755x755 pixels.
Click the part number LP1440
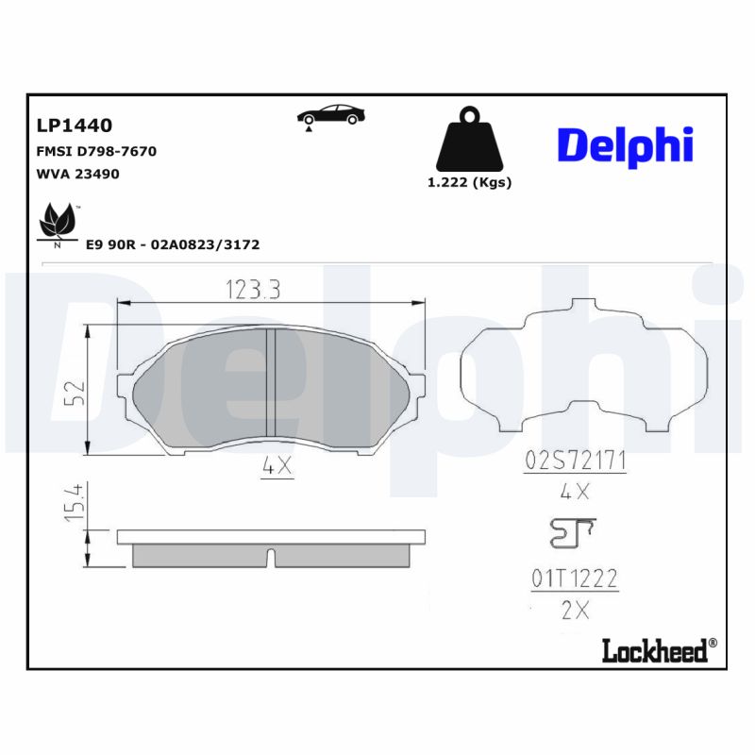click(x=75, y=125)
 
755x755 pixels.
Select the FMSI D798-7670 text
click(x=96, y=151)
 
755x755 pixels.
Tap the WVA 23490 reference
click(x=77, y=174)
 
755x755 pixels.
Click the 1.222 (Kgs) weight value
click(x=469, y=182)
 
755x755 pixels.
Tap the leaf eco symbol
click(x=58, y=224)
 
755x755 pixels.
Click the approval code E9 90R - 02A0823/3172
click(x=173, y=244)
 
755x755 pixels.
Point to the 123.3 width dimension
click(x=252, y=291)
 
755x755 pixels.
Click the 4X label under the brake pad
click(x=277, y=466)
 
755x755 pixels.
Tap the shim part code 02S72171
click(x=576, y=461)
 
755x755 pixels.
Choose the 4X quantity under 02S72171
click(x=574, y=491)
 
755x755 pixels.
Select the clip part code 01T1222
click(x=574, y=579)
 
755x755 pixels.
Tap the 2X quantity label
click(x=574, y=610)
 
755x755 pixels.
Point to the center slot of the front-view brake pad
click(x=269, y=383)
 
